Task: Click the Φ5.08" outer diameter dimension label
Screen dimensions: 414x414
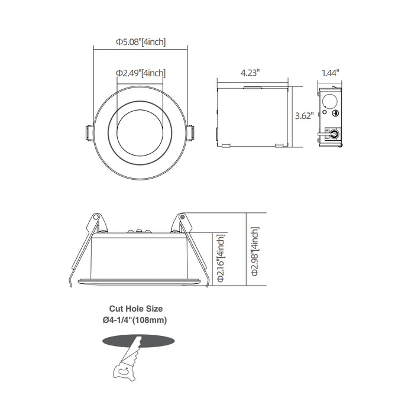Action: coord(140,42)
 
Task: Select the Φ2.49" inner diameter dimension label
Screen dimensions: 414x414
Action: coord(140,73)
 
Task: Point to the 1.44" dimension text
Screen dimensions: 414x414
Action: coord(329,73)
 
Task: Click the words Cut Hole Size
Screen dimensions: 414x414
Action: coord(135,308)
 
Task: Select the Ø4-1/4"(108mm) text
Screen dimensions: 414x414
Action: coord(135,320)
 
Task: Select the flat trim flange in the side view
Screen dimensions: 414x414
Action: coord(140,279)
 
